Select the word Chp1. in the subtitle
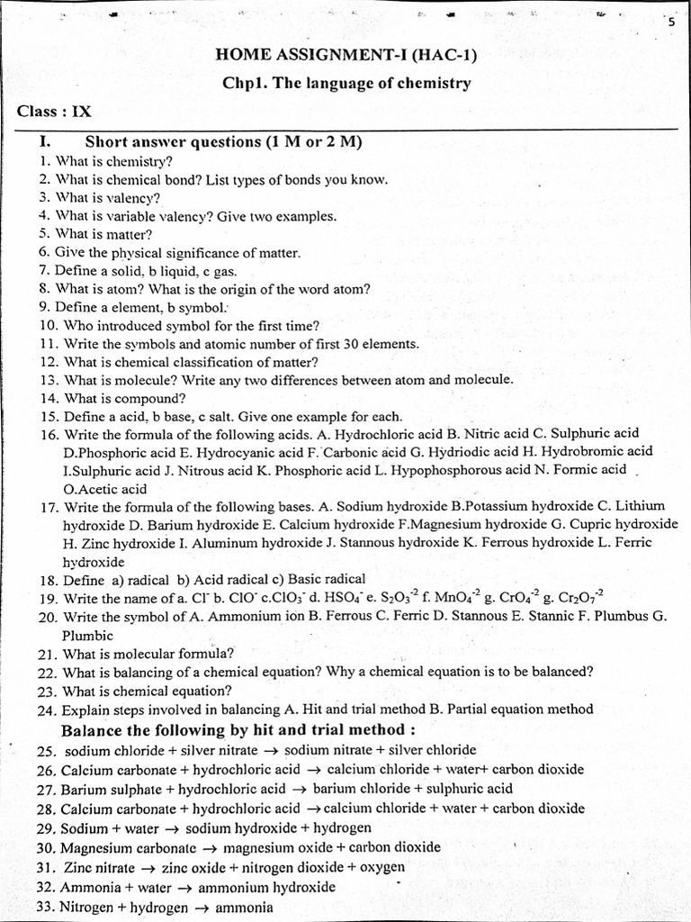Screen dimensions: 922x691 [242, 83]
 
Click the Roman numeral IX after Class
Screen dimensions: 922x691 [81, 112]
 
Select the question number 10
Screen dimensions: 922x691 [49, 325]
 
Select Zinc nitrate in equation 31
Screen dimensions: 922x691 [98, 867]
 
